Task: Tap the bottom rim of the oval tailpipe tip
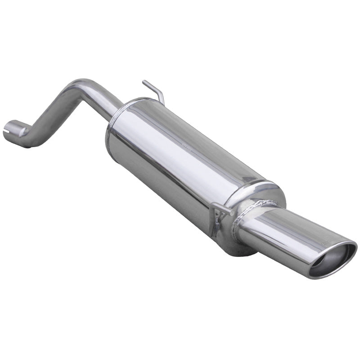coord(324,275)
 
